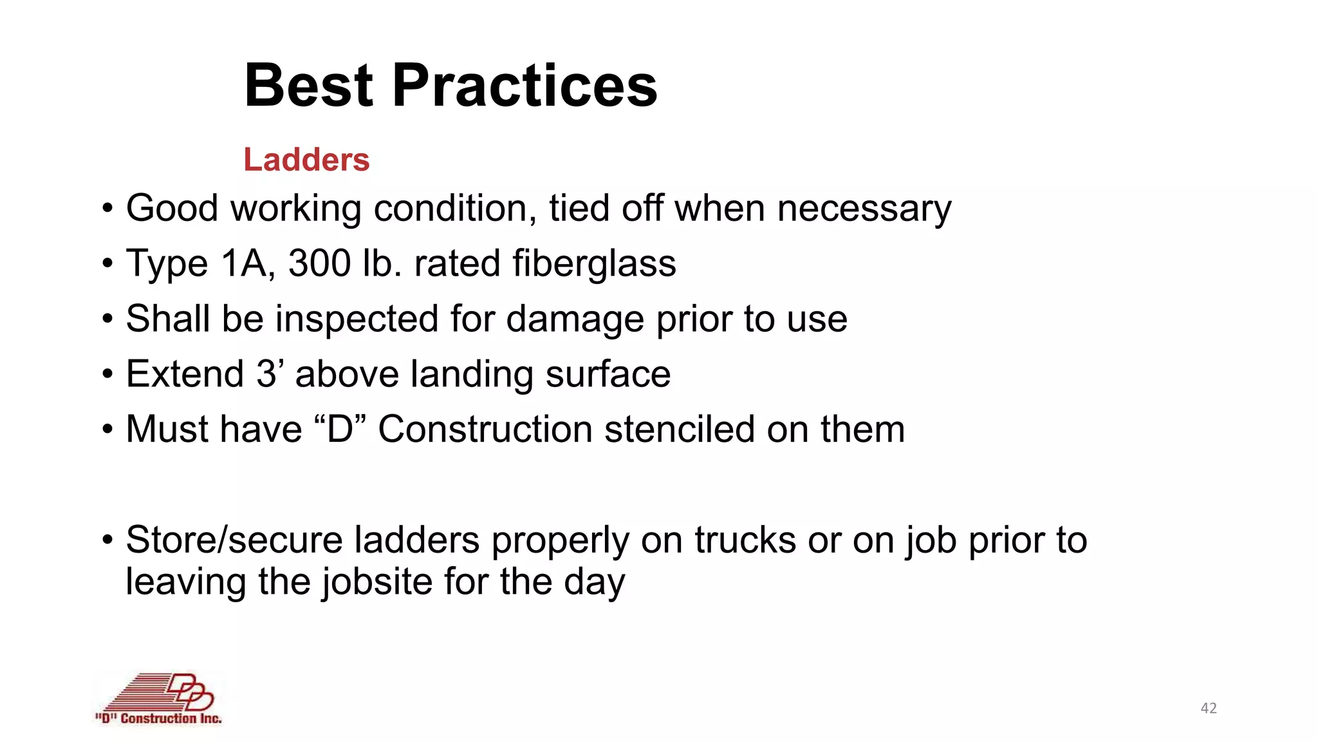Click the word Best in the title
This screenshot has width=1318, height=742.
click(308, 86)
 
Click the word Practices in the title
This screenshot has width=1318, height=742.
click(524, 86)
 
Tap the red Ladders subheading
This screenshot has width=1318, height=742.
click(306, 160)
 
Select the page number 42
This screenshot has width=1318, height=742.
click(1209, 709)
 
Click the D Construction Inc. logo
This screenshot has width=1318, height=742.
click(159, 699)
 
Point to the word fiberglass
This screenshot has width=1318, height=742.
click(594, 263)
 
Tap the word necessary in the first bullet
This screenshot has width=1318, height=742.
click(864, 209)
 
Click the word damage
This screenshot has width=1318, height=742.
click(575, 319)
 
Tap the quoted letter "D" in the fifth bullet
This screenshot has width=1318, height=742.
click(340, 429)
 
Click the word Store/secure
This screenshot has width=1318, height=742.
click(234, 540)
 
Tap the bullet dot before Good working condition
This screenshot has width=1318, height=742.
click(107, 209)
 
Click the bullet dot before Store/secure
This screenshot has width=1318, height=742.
click(107, 540)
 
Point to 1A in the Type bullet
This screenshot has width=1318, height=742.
click(243, 263)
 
